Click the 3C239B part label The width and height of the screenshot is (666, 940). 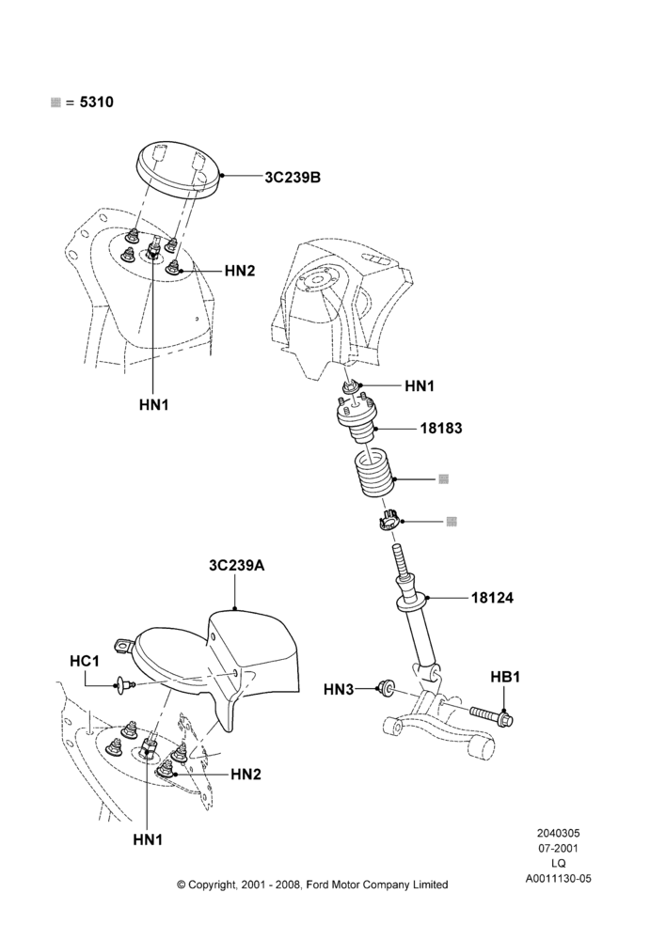point(293,178)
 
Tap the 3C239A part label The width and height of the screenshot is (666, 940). point(236,565)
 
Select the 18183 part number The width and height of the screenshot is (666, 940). point(441,429)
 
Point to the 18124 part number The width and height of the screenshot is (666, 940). point(492,598)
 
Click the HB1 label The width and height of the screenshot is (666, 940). point(505,677)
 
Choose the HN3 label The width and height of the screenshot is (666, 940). point(339,690)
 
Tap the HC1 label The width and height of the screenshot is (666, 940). point(85,661)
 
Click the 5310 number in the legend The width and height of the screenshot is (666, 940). point(97,102)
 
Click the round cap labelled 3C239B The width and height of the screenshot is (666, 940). point(178,169)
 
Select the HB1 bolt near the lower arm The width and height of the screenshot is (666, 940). point(492,714)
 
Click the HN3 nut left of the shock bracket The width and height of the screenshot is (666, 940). point(385,688)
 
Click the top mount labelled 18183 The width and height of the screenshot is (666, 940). point(355,421)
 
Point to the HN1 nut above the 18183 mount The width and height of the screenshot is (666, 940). point(352,386)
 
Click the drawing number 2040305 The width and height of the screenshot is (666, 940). point(558,833)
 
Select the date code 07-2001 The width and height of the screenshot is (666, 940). point(558,848)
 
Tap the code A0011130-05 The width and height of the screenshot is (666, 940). point(558,879)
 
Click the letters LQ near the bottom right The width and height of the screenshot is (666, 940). point(558,864)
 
